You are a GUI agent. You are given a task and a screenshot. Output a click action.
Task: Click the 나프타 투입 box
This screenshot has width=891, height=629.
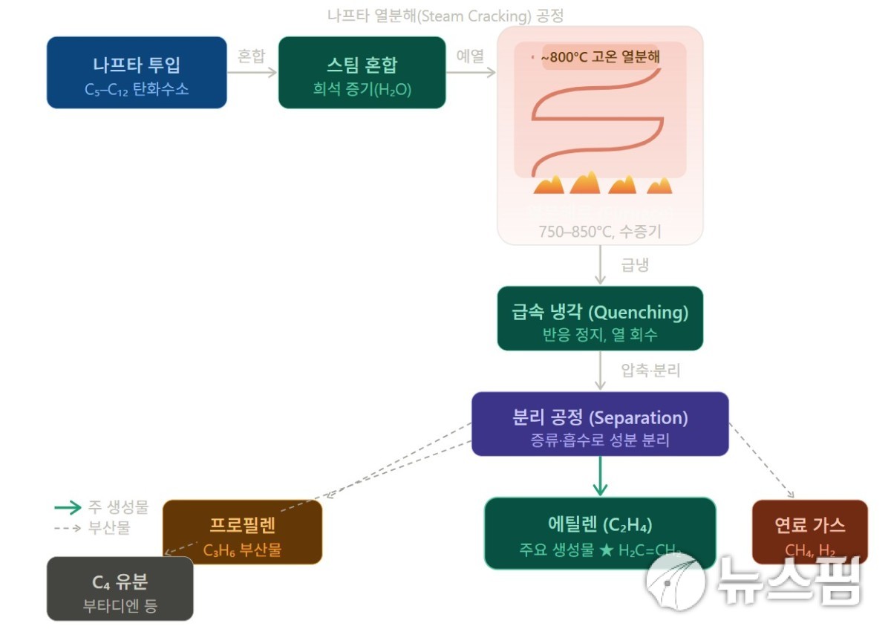pyautogui.click(x=137, y=73)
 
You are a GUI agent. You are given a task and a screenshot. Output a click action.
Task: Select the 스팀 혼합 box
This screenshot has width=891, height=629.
pyautogui.click(x=362, y=73)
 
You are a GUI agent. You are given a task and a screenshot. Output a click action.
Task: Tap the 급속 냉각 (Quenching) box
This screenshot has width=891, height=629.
pyautogui.click(x=600, y=319)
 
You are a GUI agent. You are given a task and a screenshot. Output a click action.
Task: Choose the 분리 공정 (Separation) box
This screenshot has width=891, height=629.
pyautogui.click(x=600, y=424)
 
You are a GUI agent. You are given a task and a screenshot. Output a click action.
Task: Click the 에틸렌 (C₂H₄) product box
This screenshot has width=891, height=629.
pyautogui.click(x=600, y=533)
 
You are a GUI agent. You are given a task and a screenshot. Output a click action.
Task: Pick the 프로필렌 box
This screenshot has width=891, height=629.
pyautogui.click(x=243, y=532)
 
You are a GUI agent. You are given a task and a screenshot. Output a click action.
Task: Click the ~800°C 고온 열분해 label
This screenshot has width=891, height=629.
pyautogui.click(x=600, y=56)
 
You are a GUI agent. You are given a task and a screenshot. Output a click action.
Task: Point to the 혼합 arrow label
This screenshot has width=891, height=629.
pyautogui.click(x=251, y=56)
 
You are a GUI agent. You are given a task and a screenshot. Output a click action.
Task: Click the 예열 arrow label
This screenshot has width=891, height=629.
pyautogui.click(x=470, y=56)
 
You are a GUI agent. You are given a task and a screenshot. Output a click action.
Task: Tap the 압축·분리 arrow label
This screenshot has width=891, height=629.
pyautogui.click(x=651, y=370)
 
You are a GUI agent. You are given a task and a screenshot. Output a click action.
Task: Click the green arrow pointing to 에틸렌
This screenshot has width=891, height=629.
pyautogui.click(x=600, y=476)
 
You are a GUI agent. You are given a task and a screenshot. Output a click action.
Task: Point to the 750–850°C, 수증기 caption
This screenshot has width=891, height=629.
pyautogui.click(x=599, y=231)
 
